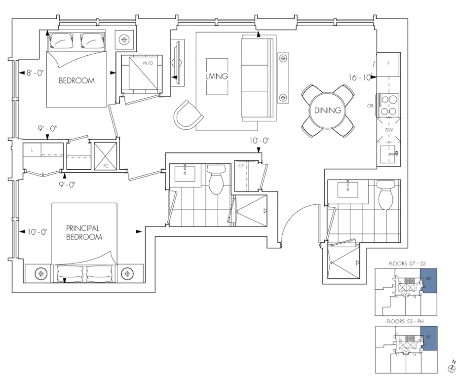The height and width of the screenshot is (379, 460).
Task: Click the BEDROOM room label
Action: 77,80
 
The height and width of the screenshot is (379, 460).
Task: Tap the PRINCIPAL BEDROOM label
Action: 84,232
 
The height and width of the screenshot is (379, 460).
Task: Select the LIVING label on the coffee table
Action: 217,76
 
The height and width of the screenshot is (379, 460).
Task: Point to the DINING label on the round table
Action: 327,111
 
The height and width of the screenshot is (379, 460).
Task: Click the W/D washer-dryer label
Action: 148,63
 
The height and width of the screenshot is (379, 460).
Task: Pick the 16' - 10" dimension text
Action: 360,77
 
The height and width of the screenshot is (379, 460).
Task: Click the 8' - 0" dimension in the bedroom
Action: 35,73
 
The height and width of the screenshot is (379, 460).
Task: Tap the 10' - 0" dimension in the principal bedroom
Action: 37,232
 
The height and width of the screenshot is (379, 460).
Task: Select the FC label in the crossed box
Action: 106,166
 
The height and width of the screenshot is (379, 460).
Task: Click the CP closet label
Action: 241,165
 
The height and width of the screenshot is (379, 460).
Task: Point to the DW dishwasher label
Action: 389,130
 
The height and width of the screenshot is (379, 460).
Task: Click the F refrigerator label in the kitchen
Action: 388,63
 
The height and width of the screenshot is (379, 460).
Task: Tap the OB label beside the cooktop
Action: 370,106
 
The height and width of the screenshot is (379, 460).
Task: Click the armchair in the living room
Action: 188,115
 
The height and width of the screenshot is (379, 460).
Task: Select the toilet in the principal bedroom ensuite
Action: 217,179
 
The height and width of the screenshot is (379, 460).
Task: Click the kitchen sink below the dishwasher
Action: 389,154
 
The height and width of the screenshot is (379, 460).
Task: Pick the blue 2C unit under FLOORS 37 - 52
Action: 428,281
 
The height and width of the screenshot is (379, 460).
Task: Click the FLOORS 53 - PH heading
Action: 405,321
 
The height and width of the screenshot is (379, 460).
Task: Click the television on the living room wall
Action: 177,63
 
